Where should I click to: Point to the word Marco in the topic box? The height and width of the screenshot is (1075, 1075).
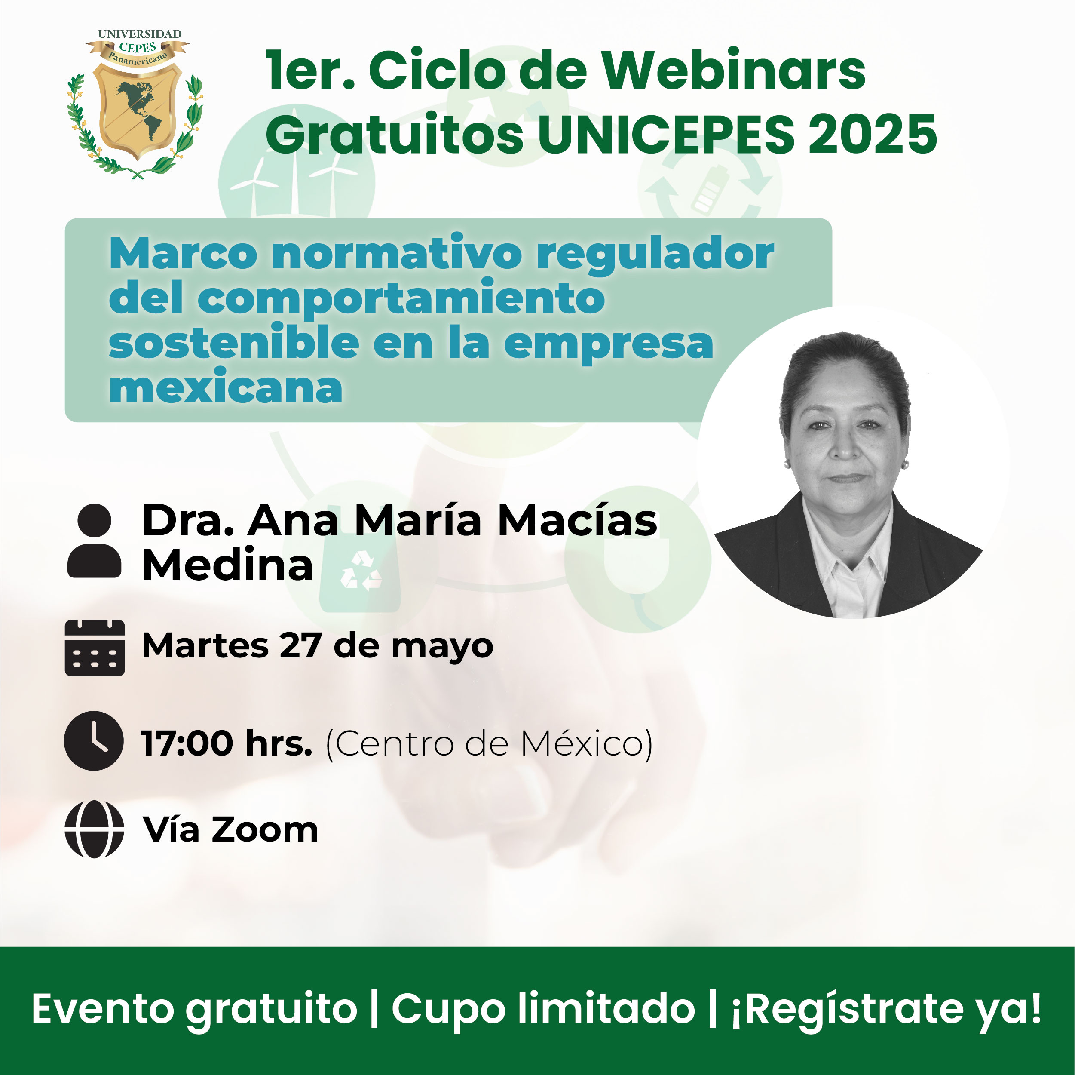(184, 253)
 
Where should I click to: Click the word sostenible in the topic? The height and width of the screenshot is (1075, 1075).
(234, 342)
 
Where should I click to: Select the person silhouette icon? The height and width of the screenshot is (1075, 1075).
(94, 541)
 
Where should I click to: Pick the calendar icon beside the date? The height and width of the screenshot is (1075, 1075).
(95, 648)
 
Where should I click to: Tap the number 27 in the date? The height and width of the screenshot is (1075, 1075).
(300, 646)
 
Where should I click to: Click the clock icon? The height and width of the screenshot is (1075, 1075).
(93, 741)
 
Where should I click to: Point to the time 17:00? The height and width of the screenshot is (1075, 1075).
(187, 744)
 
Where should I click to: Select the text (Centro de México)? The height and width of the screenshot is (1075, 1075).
(489, 744)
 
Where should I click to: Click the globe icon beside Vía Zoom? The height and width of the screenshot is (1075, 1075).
(94, 829)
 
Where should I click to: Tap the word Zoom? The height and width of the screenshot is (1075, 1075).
(265, 830)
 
